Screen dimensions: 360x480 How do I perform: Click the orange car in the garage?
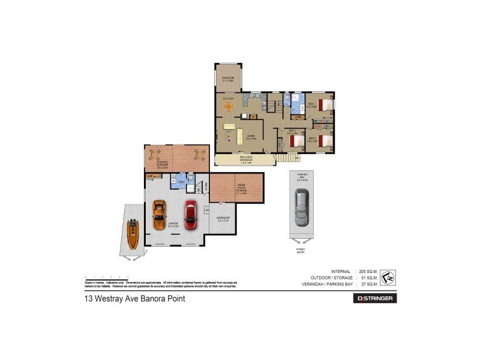[x=159, y=215]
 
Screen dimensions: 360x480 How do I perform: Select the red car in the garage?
[x=190, y=215]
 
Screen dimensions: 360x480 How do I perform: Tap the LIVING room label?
[x=250, y=136]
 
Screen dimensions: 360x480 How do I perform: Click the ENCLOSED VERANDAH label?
[x=245, y=159]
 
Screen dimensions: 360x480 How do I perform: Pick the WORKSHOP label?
[x=223, y=220]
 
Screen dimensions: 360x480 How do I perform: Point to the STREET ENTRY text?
[x=300, y=251]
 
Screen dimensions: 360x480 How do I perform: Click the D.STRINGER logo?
[x=377, y=298]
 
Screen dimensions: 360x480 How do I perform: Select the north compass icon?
[x=388, y=278]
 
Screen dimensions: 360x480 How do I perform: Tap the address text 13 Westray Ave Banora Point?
[x=134, y=298]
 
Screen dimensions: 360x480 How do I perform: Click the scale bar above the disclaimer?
[x=107, y=277]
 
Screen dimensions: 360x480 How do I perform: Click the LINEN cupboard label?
[x=307, y=116]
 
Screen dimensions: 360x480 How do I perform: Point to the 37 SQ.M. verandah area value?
[x=368, y=284]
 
